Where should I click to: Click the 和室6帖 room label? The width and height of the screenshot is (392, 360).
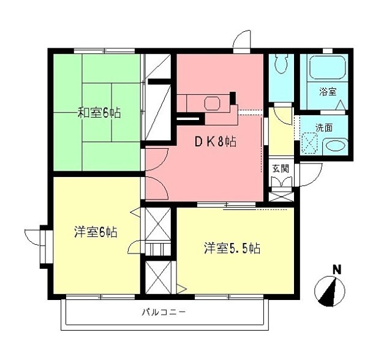[x=98, y=113]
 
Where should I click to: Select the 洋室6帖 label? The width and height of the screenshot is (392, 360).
[x=96, y=232]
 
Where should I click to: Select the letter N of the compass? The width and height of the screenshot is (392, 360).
[x=336, y=269]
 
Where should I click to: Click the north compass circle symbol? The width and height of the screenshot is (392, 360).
[x=330, y=291]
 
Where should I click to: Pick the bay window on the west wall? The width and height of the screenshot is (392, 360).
[x=44, y=247]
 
